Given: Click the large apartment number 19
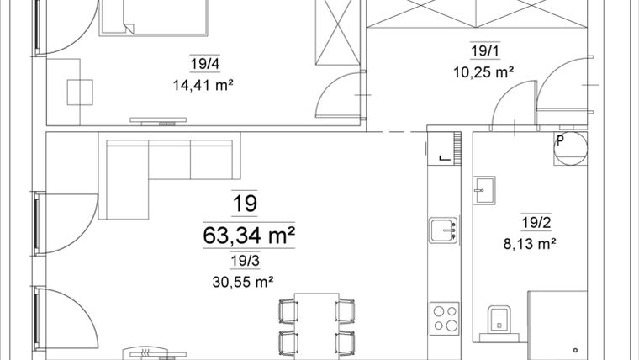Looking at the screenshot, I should (x=246, y=204).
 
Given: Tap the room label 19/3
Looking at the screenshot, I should (x=246, y=262).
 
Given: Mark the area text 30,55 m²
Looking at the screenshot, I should (x=246, y=283).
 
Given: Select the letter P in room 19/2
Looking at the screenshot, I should (x=558, y=140).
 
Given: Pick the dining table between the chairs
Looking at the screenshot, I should (x=309, y=324).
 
